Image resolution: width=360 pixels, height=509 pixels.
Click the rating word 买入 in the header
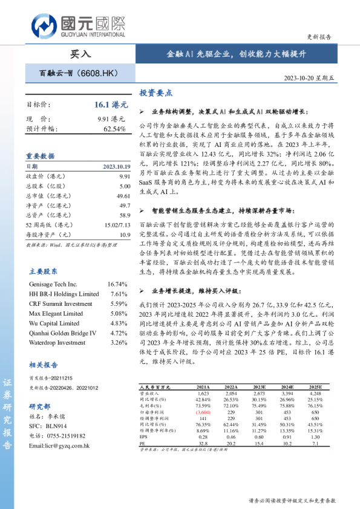tap(80, 54)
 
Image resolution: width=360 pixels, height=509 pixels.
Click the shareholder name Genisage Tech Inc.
tap(53, 284)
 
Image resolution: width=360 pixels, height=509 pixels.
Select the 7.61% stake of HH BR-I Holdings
tap(118, 294)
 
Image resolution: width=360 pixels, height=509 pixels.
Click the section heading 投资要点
tap(156, 93)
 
